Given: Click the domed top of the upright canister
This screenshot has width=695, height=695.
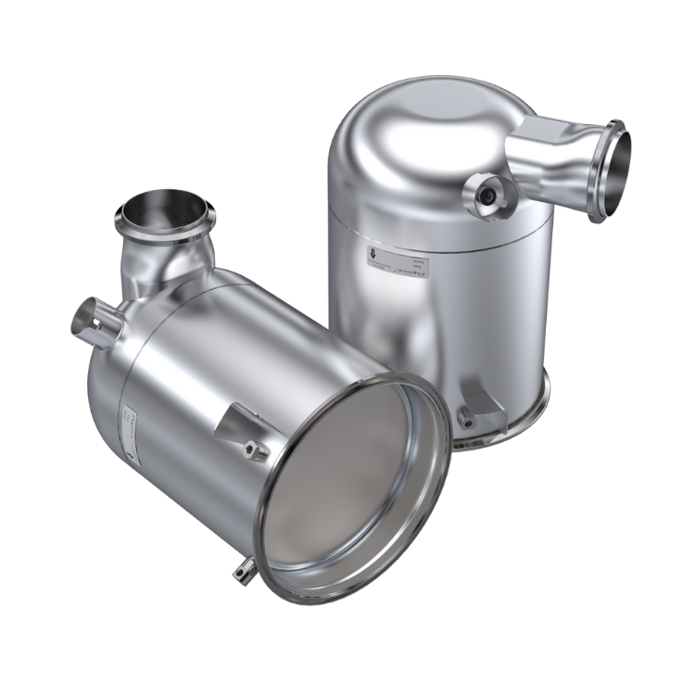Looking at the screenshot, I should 417,120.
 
